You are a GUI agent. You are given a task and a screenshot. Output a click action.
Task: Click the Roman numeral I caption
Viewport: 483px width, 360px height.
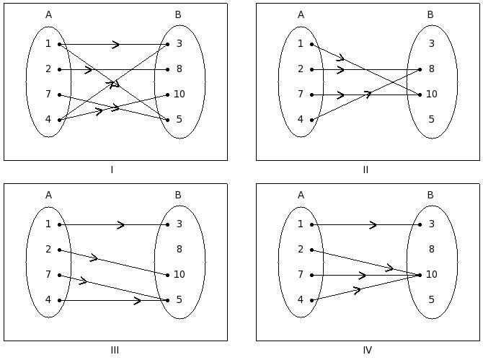(x=112, y=170)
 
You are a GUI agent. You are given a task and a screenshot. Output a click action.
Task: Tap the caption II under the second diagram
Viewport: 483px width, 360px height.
(x=365, y=170)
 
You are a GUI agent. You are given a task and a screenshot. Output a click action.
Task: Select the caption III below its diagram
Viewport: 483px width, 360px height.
(x=115, y=351)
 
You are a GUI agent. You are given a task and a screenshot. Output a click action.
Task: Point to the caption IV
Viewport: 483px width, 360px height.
(x=367, y=351)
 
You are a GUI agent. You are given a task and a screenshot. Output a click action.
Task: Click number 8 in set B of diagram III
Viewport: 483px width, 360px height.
(x=179, y=250)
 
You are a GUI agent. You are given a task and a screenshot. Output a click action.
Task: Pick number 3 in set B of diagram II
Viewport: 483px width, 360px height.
(x=431, y=44)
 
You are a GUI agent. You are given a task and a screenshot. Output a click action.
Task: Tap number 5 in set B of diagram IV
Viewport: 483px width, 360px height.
(x=431, y=300)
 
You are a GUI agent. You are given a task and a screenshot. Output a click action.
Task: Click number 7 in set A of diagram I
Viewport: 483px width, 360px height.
(x=48, y=95)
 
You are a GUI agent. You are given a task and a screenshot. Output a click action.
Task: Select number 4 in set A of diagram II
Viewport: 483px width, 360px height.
(x=301, y=120)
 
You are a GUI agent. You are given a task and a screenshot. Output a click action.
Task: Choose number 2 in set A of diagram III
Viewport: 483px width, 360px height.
(x=48, y=250)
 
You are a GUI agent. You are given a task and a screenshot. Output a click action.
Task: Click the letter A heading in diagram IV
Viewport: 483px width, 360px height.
(x=301, y=195)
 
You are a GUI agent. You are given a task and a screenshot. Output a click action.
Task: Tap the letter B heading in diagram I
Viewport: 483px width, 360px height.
(x=178, y=14)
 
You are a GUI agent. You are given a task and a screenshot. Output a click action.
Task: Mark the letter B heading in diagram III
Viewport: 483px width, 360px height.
(x=178, y=195)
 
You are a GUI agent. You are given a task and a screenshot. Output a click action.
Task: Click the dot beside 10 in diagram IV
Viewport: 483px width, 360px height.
(x=420, y=275)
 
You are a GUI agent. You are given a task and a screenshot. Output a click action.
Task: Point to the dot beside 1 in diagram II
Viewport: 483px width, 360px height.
(x=311, y=44)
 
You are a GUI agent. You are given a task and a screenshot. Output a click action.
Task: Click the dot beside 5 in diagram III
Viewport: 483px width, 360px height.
(x=167, y=300)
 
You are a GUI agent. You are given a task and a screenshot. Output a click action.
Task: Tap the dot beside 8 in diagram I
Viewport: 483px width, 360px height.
(x=167, y=69)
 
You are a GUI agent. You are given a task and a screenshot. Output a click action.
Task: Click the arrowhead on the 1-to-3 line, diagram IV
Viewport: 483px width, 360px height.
(x=373, y=225)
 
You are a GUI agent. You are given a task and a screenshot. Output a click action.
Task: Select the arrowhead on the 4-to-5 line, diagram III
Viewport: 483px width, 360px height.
(x=138, y=300)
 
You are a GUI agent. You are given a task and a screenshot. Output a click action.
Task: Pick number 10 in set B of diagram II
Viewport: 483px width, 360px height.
(x=431, y=95)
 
